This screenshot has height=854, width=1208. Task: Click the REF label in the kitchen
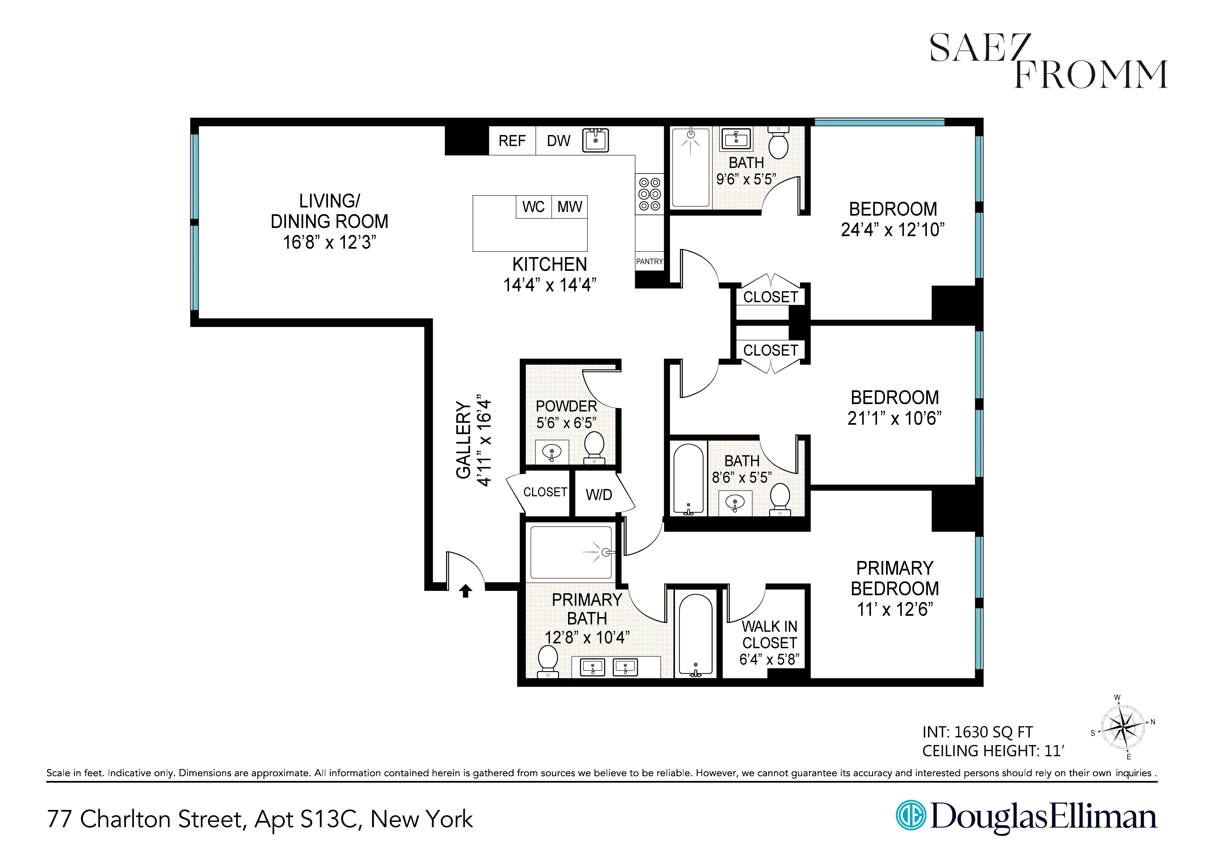click(x=512, y=141)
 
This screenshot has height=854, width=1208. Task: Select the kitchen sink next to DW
click(x=596, y=140)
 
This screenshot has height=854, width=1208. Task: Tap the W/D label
click(x=599, y=495)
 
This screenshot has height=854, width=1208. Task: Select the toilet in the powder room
click(x=595, y=447)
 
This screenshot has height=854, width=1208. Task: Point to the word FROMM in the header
click(x=1091, y=75)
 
